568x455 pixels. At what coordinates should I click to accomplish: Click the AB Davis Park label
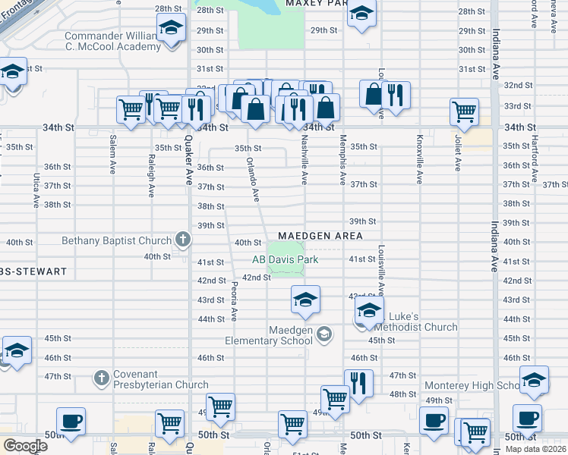coord(285,260)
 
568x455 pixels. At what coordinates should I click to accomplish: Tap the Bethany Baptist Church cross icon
coord(182,240)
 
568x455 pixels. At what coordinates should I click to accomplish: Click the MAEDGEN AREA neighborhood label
coord(320,236)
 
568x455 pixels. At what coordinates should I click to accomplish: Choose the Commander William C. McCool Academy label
coord(112,41)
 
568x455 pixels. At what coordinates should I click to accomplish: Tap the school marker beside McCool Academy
coord(172,30)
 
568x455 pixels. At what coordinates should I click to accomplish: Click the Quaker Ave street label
coord(189,159)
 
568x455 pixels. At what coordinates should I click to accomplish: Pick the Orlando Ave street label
coord(255,180)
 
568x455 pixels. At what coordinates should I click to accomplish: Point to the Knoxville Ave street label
coord(419,159)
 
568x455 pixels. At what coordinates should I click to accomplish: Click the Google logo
coord(24,446)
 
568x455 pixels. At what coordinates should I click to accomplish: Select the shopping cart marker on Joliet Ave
coord(463,111)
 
